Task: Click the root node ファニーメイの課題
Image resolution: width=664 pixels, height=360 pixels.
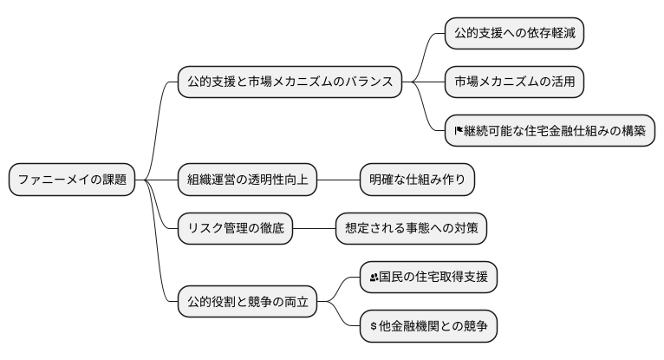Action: click(x=72, y=180)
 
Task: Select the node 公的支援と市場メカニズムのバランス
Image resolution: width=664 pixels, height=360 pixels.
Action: click(x=290, y=82)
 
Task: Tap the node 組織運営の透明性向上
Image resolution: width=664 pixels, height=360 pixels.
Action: click(x=246, y=180)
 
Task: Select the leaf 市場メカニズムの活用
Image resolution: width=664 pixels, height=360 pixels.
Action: click(x=513, y=82)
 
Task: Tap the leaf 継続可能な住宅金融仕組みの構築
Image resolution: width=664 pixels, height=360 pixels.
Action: click(x=550, y=131)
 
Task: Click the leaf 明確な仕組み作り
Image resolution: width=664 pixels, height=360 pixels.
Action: click(x=418, y=180)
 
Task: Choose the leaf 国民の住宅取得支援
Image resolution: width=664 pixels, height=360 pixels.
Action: click(x=429, y=278)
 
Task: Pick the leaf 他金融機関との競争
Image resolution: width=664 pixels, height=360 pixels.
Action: click(x=429, y=327)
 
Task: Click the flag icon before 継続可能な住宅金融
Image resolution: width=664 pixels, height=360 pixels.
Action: click(x=459, y=132)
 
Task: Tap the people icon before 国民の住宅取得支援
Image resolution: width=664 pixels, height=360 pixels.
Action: click(x=374, y=278)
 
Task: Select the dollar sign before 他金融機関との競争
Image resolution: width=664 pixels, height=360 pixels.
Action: click(x=374, y=327)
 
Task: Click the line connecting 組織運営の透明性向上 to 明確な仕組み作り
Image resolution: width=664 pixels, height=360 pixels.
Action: click(x=338, y=180)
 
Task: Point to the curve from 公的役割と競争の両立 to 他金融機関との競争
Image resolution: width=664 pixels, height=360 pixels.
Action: click(x=345, y=319)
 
